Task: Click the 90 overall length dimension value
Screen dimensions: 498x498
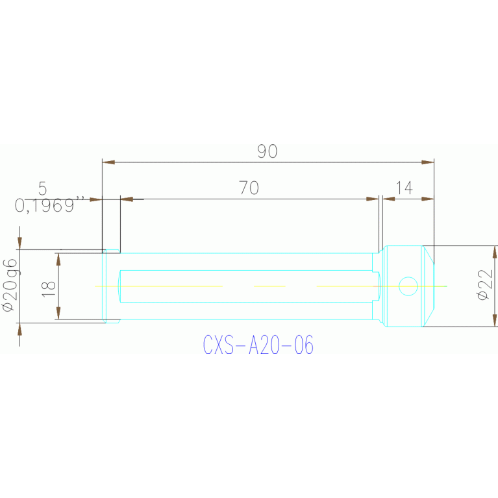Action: coord(268,151)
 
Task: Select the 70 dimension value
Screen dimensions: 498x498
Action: coord(249,188)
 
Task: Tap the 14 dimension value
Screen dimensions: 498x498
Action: coord(405,188)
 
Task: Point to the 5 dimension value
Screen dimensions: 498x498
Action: coord(43,188)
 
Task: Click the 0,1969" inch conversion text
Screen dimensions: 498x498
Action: coord(50,205)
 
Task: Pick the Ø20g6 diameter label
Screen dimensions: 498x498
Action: coord(10,285)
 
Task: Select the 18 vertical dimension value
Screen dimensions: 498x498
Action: coord(49,290)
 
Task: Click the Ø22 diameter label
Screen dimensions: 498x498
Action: coord(484,284)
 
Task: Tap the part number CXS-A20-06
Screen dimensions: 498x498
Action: coord(258,345)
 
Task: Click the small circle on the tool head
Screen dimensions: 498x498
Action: coord(408,286)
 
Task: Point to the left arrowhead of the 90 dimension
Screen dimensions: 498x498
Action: coord(108,162)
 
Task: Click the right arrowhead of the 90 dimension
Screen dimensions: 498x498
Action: coord(428,162)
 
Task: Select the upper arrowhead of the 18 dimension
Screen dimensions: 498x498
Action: coord(58,260)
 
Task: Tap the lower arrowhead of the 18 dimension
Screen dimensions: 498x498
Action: coord(58,313)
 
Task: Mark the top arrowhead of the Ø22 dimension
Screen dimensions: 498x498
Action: coord(495,252)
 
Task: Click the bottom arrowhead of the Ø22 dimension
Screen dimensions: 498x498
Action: coord(495,320)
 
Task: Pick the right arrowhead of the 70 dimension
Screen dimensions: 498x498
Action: coord(373,199)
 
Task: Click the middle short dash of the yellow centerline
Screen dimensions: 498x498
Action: coord(269,286)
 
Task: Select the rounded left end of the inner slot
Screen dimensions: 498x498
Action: coord(119,286)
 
